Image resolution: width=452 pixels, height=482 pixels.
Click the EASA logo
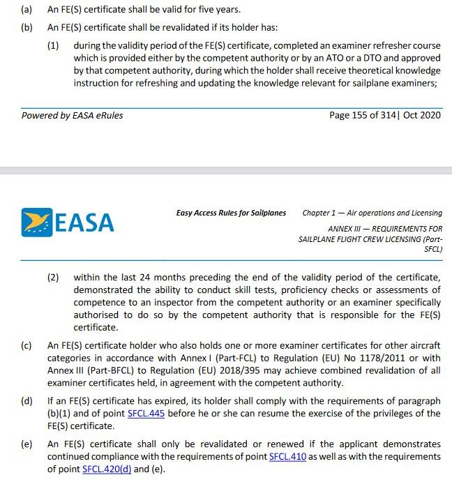(x=67, y=222)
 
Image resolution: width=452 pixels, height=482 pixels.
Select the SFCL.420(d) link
(x=106, y=469)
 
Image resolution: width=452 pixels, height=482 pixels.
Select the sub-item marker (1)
(x=53, y=45)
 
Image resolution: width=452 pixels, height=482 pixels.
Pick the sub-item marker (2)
(x=53, y=277)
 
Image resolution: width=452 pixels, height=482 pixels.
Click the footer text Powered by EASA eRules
(x=72, y=115)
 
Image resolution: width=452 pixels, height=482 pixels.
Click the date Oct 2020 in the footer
(x=421, y=115)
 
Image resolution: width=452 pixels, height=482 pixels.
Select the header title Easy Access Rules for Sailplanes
(x=231, y=213)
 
